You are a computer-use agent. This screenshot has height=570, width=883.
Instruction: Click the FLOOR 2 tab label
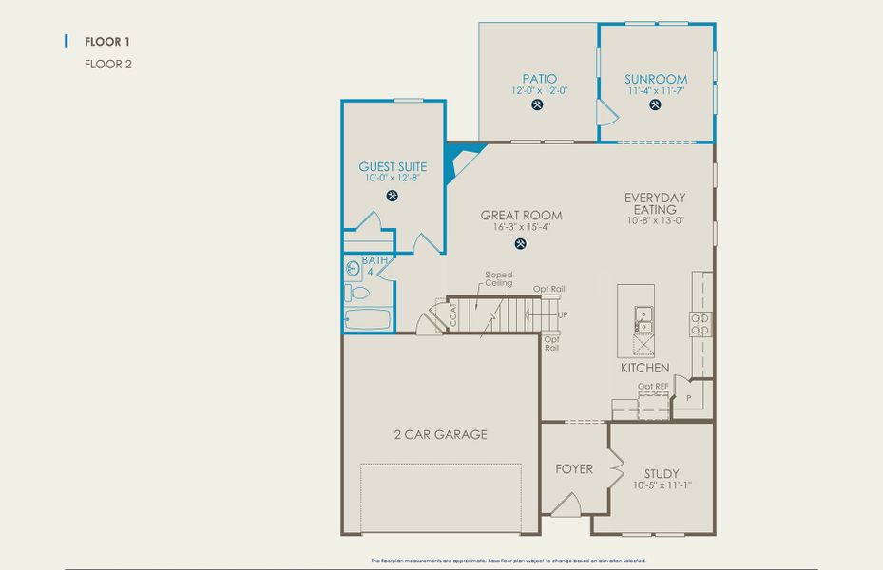tap(107, 65)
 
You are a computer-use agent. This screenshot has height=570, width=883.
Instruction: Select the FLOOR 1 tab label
tap(107, 41)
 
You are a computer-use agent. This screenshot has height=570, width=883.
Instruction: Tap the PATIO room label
tap(539, 79)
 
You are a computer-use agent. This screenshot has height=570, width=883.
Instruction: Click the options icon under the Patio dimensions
tap(539, 104)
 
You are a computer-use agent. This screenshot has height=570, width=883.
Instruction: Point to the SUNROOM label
tap(656, 79)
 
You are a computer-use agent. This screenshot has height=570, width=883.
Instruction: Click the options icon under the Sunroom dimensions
tap(656, 104)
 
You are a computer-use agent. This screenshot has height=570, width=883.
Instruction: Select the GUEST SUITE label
tap(393, 167)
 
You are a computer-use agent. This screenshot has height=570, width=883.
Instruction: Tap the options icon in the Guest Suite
tap(393, 196)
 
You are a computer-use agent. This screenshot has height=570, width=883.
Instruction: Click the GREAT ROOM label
tap(521, 216)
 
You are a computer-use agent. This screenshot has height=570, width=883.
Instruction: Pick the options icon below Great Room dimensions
tap(521, 244)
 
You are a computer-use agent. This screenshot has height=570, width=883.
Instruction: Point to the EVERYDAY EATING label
tap(655, 203)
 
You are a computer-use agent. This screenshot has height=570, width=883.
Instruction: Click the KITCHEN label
tap(645, 368)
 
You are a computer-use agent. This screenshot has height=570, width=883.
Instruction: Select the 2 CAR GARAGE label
tap(440, 434)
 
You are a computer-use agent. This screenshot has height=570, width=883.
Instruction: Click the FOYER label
tap(574, 468)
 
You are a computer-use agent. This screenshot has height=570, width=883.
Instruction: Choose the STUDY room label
tap(662, 473)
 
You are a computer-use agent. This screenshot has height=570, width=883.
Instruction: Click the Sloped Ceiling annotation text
tap(499, 278)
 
